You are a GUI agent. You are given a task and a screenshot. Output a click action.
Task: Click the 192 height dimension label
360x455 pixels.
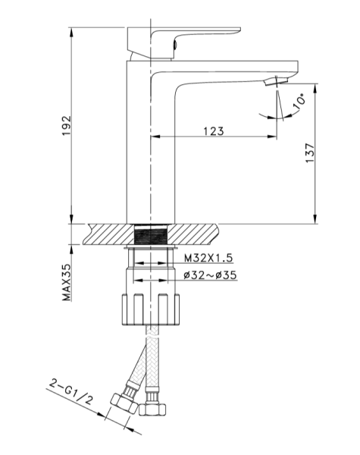(67, 125)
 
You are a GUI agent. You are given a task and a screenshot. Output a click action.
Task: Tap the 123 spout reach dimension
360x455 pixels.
(214, 131)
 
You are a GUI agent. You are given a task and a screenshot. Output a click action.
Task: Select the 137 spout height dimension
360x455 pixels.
(310, 153)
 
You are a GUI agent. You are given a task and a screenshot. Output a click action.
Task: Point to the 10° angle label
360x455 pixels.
(299, 101)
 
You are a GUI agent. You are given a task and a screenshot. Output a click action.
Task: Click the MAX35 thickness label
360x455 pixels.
(67, 282)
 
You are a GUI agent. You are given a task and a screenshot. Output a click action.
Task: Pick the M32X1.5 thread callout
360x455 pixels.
(208, 258)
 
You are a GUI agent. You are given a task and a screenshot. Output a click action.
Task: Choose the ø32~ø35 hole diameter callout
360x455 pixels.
(210, 275)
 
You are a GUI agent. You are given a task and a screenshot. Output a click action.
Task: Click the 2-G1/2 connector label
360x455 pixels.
(71, 392)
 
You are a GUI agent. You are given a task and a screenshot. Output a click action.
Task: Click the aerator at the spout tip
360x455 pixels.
(276, 80)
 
